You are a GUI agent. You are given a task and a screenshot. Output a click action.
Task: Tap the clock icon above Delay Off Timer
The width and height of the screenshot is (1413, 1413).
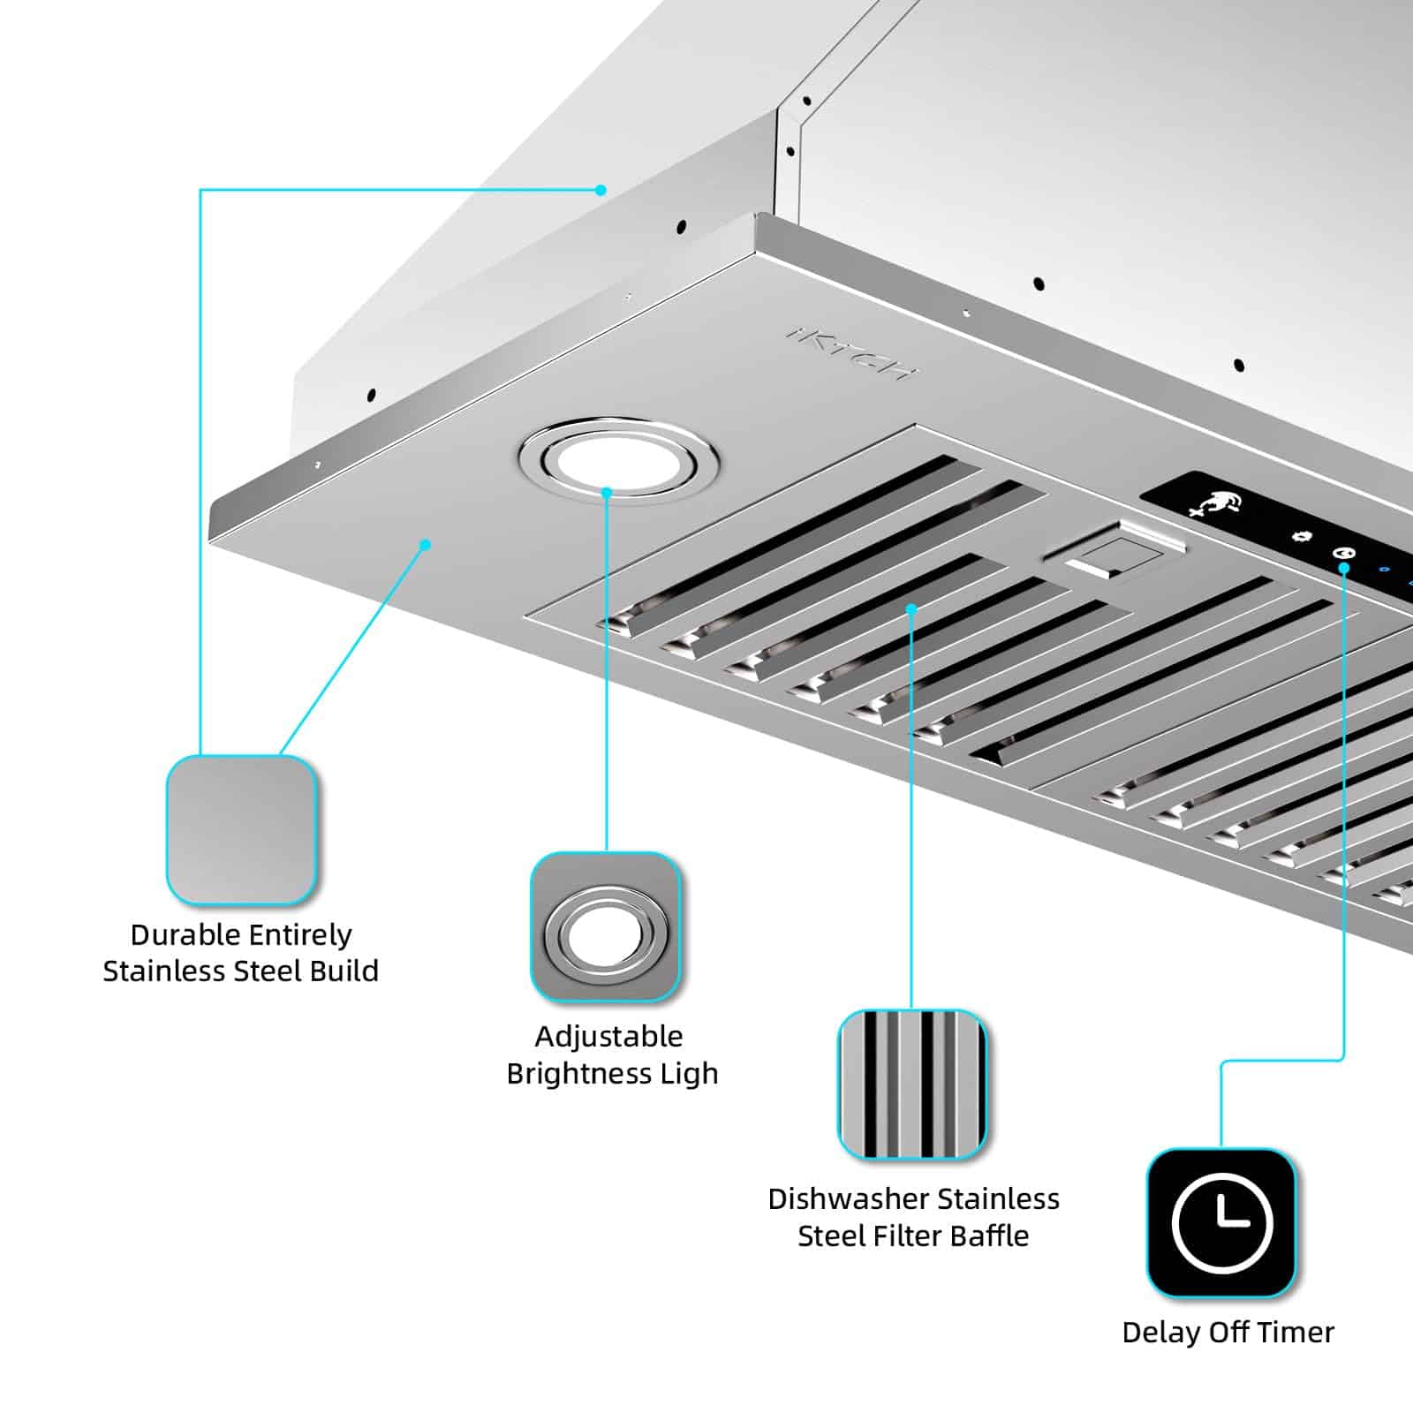[1221, 1223]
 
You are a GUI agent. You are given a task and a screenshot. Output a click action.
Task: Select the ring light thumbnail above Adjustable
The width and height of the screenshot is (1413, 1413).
[606, 927]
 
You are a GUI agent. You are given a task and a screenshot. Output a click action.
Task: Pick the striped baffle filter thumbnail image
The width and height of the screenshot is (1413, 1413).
[911, 1084]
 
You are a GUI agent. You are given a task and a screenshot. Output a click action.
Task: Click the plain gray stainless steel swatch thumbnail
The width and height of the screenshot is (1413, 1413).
[241, 830]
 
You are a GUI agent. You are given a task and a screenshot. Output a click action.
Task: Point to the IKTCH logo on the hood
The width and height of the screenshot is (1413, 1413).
[851, 353]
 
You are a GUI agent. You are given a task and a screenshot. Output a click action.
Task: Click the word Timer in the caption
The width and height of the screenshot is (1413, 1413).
[1297, 1332]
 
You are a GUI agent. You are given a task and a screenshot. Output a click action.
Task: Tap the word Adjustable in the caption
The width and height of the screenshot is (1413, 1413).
[608, 1036]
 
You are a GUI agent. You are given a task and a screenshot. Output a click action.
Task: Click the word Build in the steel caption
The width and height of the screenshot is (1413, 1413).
[346, 971]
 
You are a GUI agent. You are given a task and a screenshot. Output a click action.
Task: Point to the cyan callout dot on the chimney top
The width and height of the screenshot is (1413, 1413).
[601, 190]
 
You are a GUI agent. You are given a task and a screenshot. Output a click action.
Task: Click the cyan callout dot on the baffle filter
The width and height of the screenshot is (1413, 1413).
[911, 608]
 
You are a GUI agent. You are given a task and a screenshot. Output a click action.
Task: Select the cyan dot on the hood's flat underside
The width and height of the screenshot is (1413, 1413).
[425, 545]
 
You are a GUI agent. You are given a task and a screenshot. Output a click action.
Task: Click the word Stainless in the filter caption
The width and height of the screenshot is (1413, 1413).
[998, 1199]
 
